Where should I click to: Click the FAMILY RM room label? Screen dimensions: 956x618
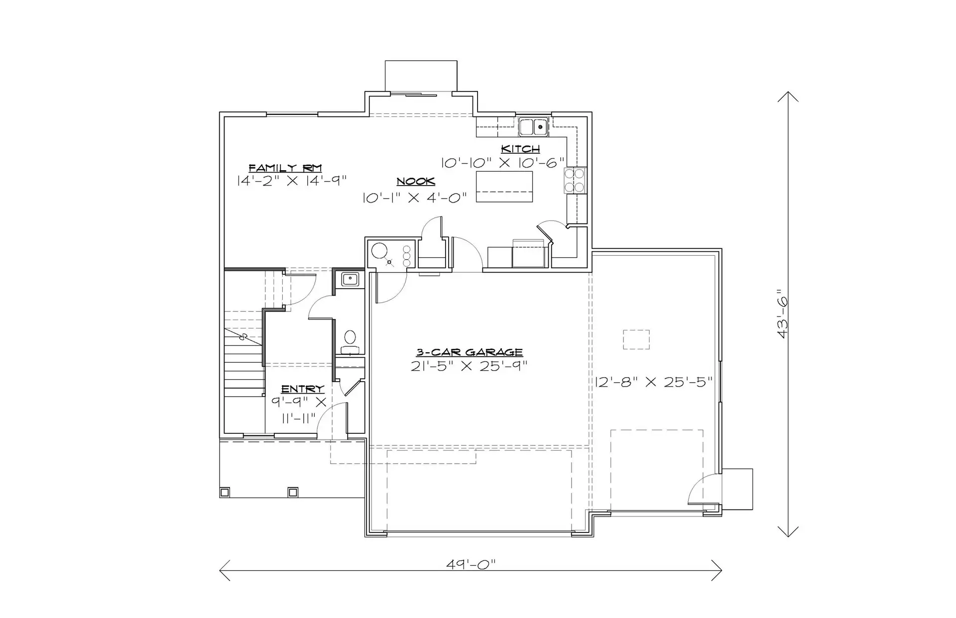tap(285, 168)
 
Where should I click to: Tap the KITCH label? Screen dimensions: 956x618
tap(520, 149)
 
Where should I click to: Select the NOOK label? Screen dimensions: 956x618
tap(416, 182)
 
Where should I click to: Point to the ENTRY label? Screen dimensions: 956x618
tap(303, 389)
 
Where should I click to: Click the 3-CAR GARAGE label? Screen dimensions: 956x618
tap(470, 352)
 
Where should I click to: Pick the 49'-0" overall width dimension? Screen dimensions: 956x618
tap(471, 564)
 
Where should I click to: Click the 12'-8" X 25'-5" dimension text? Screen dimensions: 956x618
tap(654, 382)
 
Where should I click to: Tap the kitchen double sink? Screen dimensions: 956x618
tap(533, 127)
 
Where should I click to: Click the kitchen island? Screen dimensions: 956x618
tap(504, 187)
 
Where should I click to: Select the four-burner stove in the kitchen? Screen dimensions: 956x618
tap(576, 181)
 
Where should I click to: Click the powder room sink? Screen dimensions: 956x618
tap(350, 279)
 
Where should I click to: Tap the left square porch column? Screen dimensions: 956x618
tap(225, 492)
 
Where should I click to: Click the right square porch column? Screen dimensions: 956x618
tap(293, 492)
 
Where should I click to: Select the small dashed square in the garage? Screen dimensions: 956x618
tap(636, 339)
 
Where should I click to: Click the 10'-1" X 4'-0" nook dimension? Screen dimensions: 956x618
tap(415, 198)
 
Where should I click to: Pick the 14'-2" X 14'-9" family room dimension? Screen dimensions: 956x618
tap(291, 180)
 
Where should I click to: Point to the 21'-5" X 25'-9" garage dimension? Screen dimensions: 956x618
tap(469, 366)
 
